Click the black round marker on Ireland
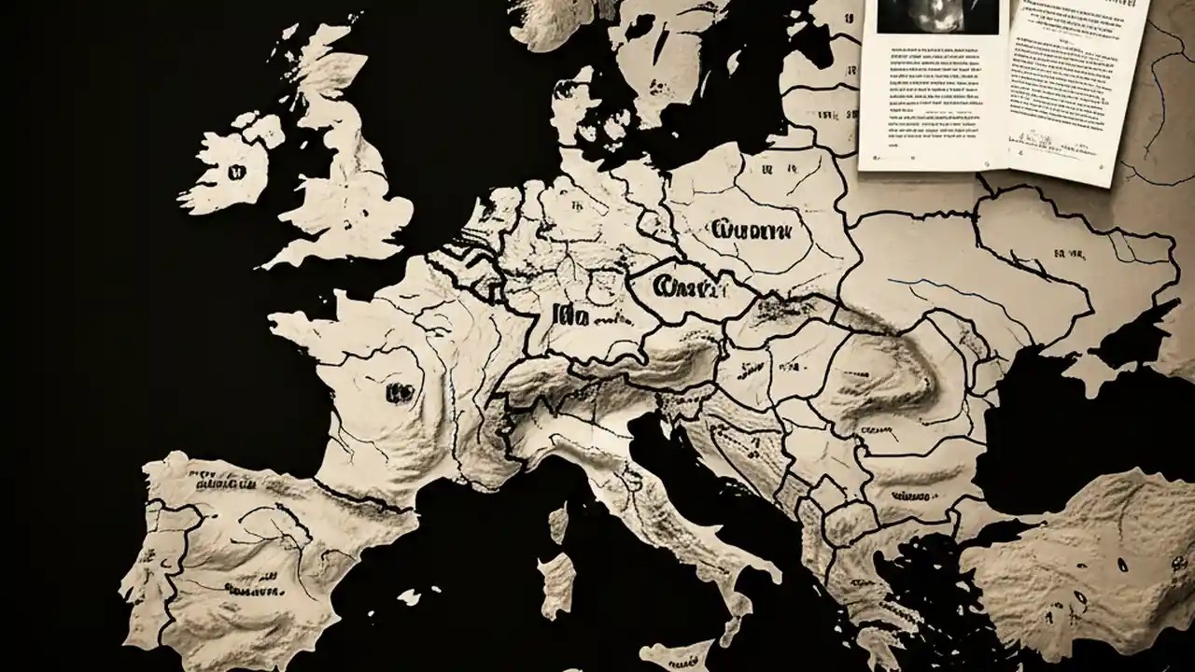point(235,172)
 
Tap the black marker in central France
point(399,392)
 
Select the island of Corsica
point(558,523)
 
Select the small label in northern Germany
point(576,207)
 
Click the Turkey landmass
point(1083,560)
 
